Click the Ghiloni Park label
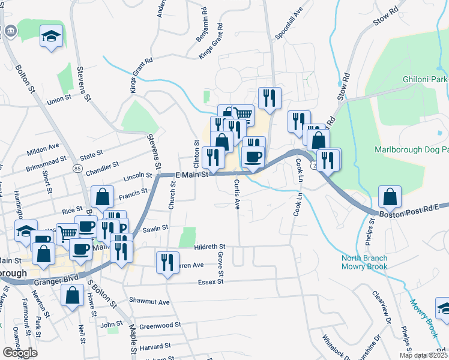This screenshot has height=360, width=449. pos(426,80)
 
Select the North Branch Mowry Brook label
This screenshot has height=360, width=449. pos(364,262)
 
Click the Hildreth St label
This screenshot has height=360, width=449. pos(209,247)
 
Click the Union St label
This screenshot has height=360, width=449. pos(59,100)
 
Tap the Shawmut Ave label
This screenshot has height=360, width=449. pos(149,301)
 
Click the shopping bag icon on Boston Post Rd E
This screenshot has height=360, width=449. pos(390,196)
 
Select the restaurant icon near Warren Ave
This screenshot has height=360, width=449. pos(167,262)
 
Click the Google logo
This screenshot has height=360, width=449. pos(20,353)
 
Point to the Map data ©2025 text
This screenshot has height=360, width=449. pos(423,355)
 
